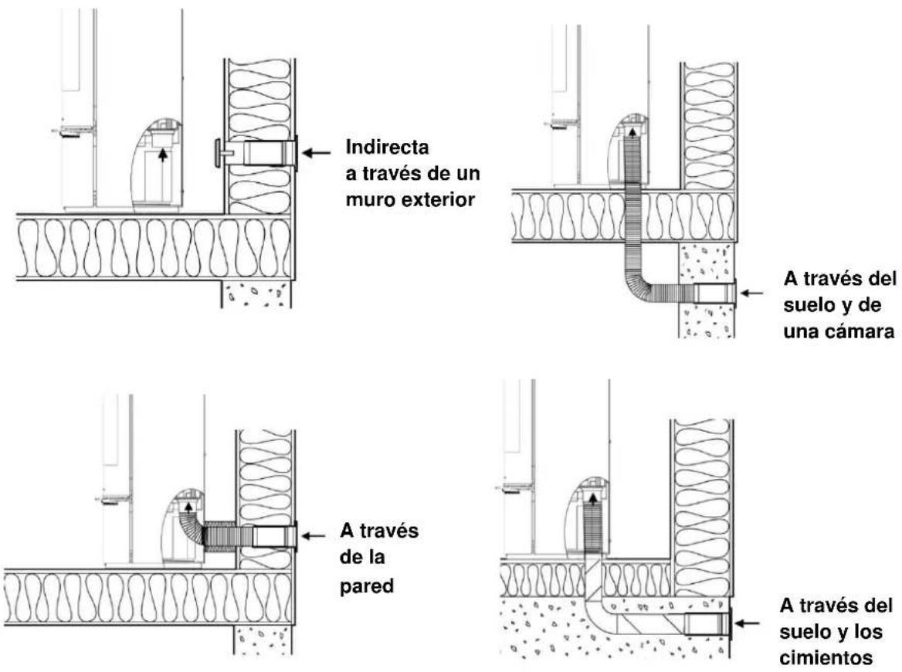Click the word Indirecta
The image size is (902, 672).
click(387, 148)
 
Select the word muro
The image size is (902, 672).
click(370, 200)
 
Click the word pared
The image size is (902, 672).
click(366, 586)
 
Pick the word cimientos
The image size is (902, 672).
click(826, 657)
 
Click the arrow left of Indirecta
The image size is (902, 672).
click(317, 152)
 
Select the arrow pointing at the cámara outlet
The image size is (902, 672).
click(751, 293)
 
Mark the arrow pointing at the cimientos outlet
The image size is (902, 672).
click(747, 623)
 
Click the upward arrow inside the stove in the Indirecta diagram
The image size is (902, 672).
click(164, 154)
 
